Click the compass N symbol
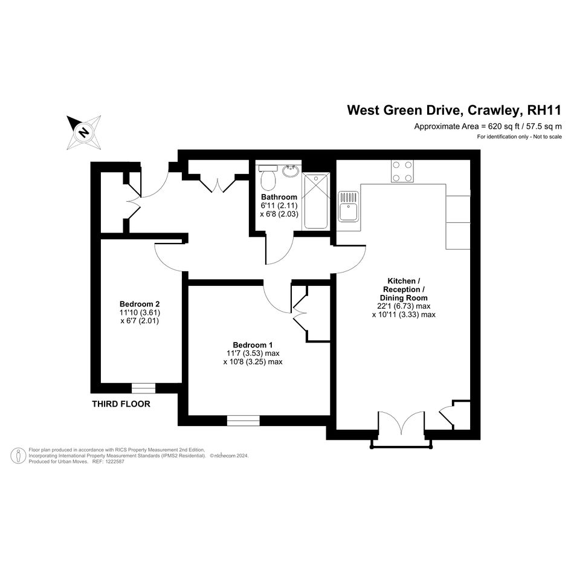click(x=84, y=132)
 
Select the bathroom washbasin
click(x=290, y=170)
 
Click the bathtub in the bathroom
click(x=316, y=201)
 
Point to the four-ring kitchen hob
click(x=402, y=171)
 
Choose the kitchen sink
click(x=349, y=207)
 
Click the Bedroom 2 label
click(x=140, y=304)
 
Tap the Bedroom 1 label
click(x=253, y=344)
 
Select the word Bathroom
click(x=279, y=197)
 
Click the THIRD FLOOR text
click(x=121, y=404)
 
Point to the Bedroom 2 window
click(x=143, y=388)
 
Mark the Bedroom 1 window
click(x=244, y=421)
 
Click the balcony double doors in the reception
click(x=402, y=424)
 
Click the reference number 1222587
click(x=114, y=462)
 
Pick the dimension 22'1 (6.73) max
click(x=404, y=306)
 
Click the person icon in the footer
click(x=18, y=456)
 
